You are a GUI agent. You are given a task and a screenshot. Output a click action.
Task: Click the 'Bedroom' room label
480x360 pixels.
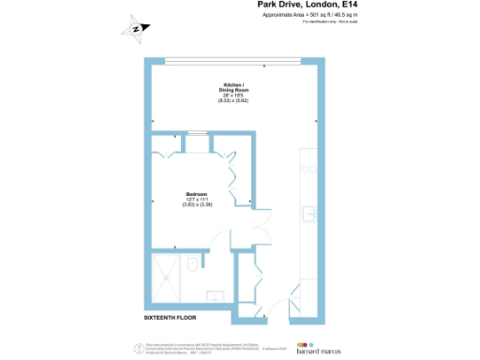196,193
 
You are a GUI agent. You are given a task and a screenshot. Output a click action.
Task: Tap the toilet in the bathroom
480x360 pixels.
191,265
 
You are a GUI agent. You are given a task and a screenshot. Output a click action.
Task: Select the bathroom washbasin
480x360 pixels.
215,297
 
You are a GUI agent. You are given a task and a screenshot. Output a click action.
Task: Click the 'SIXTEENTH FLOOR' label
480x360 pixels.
172,319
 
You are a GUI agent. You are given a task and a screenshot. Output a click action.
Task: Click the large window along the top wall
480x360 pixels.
233,62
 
